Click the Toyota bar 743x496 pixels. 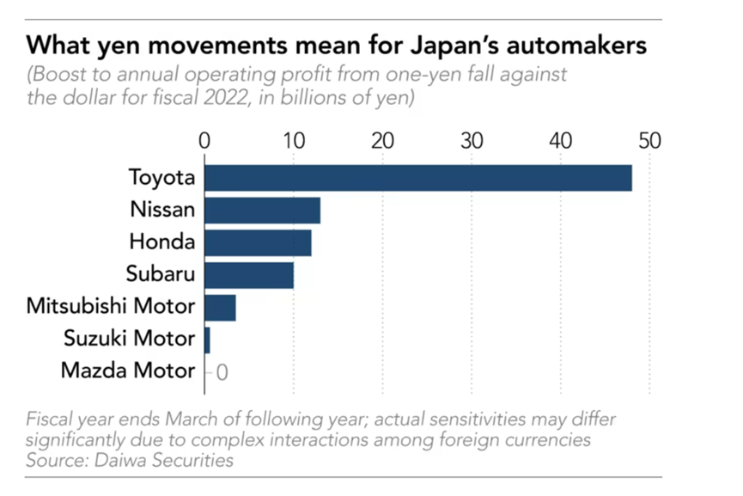tap(418, 178)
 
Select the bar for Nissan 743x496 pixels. tap(263, 210)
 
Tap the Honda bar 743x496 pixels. tap(258, 242)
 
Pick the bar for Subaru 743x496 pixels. tap(249, 275)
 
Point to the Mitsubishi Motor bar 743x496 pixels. tap(220, 307)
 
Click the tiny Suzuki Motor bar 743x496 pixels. tap(207, 340)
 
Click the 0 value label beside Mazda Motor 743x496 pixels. tap(222, 372)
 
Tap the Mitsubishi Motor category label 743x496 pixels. tap(111, 307)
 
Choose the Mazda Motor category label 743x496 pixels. tap(128, 371)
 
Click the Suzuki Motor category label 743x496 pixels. tap(130, 340)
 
